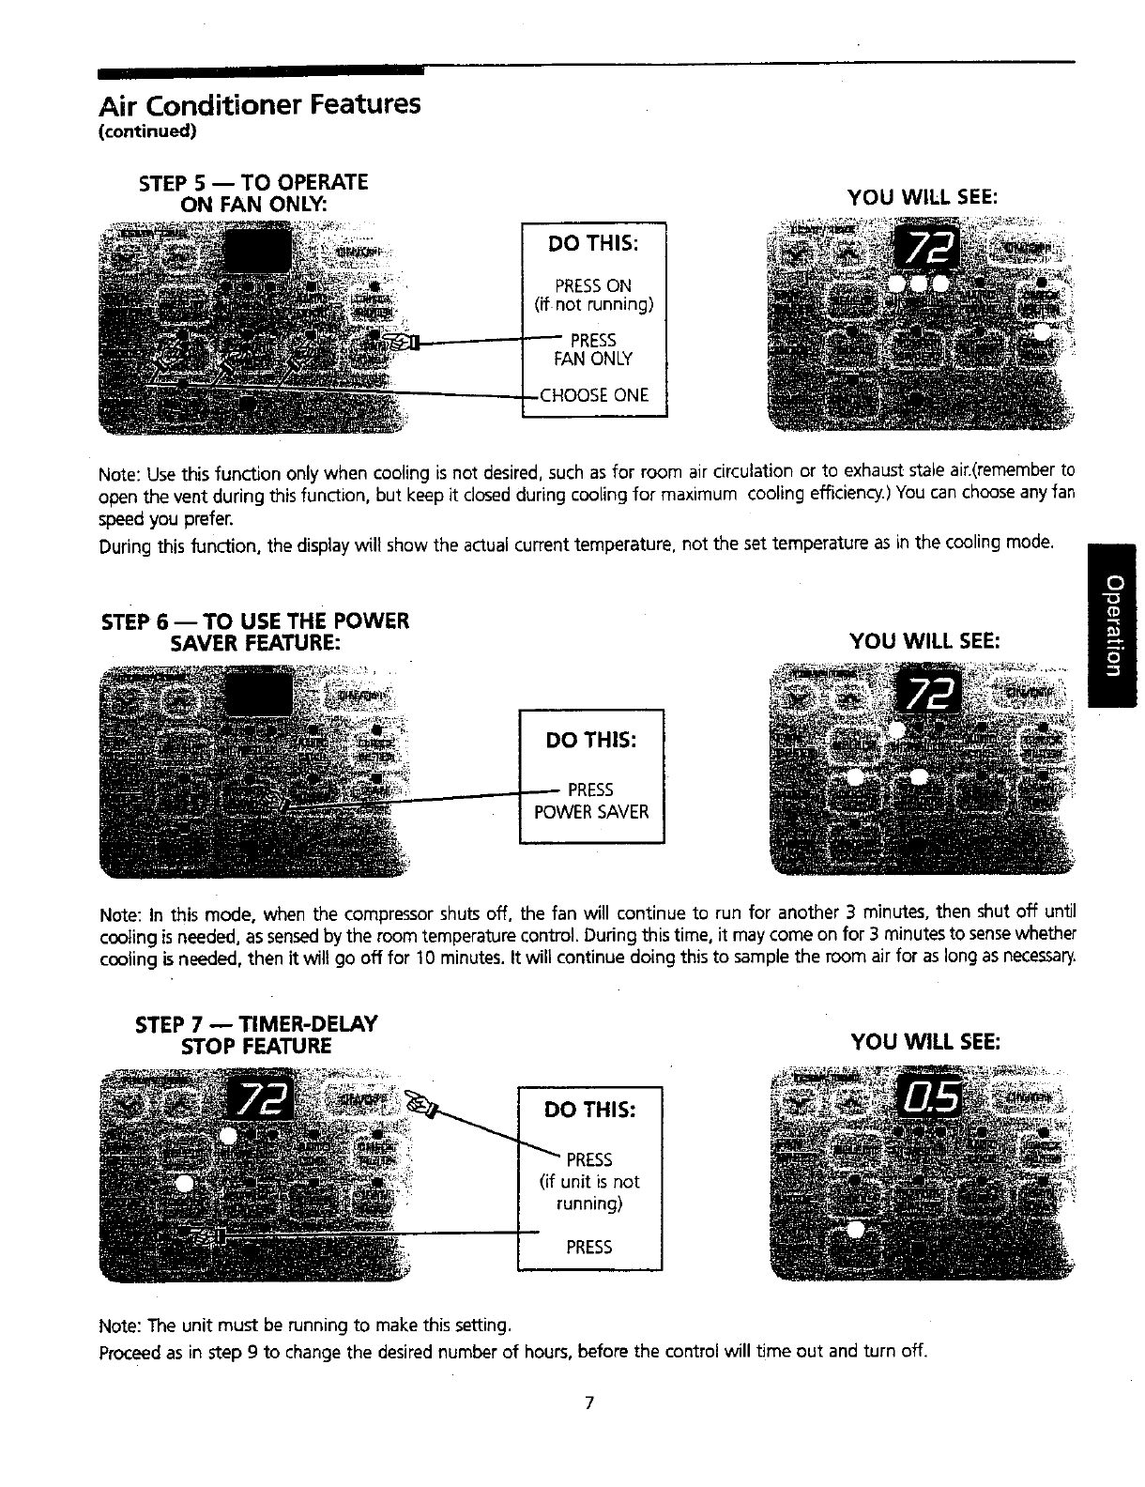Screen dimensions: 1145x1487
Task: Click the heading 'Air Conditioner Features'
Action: pos(259,103)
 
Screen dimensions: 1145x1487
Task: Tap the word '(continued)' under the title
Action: pos(147,131)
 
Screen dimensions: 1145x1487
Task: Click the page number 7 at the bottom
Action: pos(588,1403)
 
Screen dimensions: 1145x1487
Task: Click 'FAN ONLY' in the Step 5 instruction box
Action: pos(593,359)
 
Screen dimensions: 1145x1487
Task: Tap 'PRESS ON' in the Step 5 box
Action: pos(593,285)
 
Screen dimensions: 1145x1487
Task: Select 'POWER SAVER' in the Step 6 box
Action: pos(591,812)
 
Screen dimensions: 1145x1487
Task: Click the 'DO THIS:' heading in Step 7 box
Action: pos(590,1110)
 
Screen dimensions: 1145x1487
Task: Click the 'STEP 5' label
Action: pos(176,182)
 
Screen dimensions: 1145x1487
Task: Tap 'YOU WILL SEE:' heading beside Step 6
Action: pos(924,642)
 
